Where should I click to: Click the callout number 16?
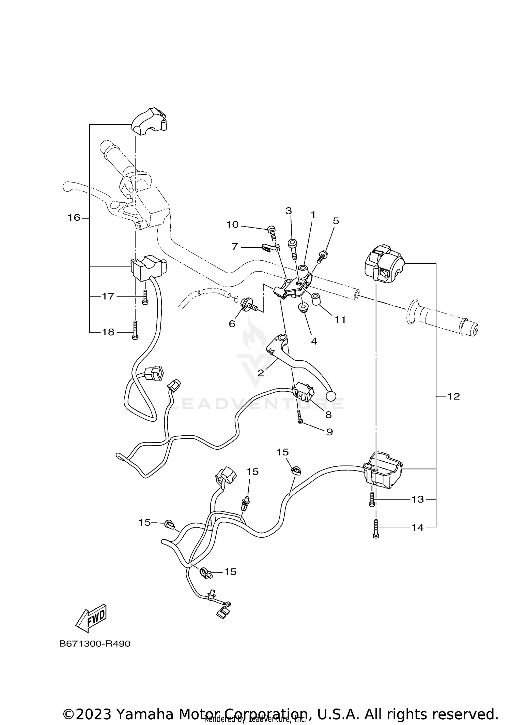[x=74, y=217]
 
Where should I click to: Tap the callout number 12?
[x=453, y=396]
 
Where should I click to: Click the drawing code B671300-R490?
[x=95, y=644]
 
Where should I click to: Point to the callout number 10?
[x=232, y=224]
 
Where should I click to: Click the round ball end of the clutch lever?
[x=330, y=396]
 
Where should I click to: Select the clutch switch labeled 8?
[x=302, y=394]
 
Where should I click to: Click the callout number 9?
[x=329, y=432]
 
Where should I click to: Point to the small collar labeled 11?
[x=316, y=299]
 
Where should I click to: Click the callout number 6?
[x=232, y=323]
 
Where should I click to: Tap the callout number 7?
[x=234, y=246]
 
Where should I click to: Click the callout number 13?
[x=418, y=499]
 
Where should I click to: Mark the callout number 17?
[x=108, y=296]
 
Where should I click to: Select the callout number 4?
[x=314, y=341]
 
